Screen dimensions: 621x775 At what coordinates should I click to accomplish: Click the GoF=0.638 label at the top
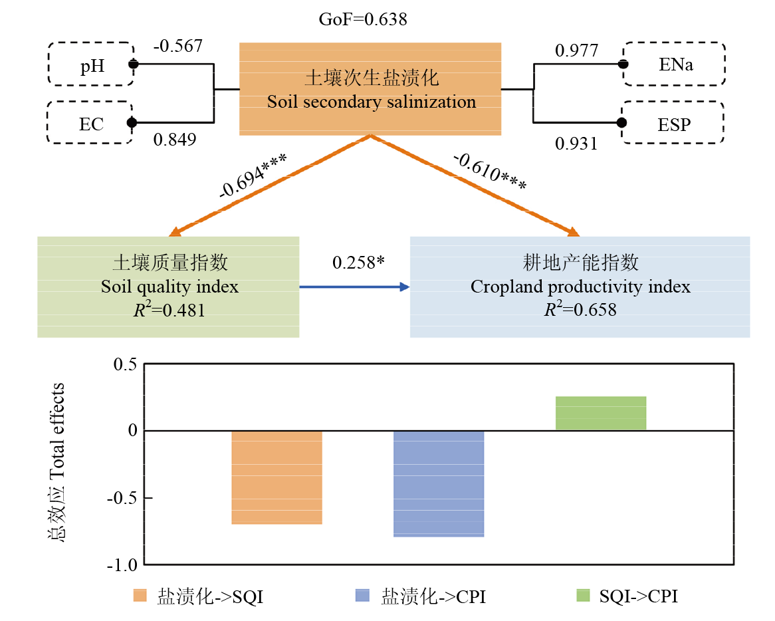pos(363,19)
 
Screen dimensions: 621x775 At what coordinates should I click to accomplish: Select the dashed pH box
pos(90,64)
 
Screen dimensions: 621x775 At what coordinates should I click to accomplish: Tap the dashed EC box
pos(90,122)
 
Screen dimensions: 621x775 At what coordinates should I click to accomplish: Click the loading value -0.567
pos(177,47)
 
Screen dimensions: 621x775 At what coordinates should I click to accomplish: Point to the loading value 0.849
pos(175,140)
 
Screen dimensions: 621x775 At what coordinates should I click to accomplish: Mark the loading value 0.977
pos(576,51)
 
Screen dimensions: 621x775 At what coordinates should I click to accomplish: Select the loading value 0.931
pos(576,144)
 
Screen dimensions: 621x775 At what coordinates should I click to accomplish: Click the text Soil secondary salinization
pos(371,102)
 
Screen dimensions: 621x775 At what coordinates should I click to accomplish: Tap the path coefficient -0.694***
pos(253,176)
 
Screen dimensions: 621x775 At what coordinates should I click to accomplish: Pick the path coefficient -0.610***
pos(490,172)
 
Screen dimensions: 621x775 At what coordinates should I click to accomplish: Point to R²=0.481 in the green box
pos(169,310)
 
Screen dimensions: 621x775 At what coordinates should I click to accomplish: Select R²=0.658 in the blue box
pos(580,310)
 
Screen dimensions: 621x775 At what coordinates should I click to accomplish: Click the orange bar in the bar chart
pos(277,477)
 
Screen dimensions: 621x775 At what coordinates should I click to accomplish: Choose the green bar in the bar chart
pos(601,414)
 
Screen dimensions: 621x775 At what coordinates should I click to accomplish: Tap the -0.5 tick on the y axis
pos(122,498)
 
